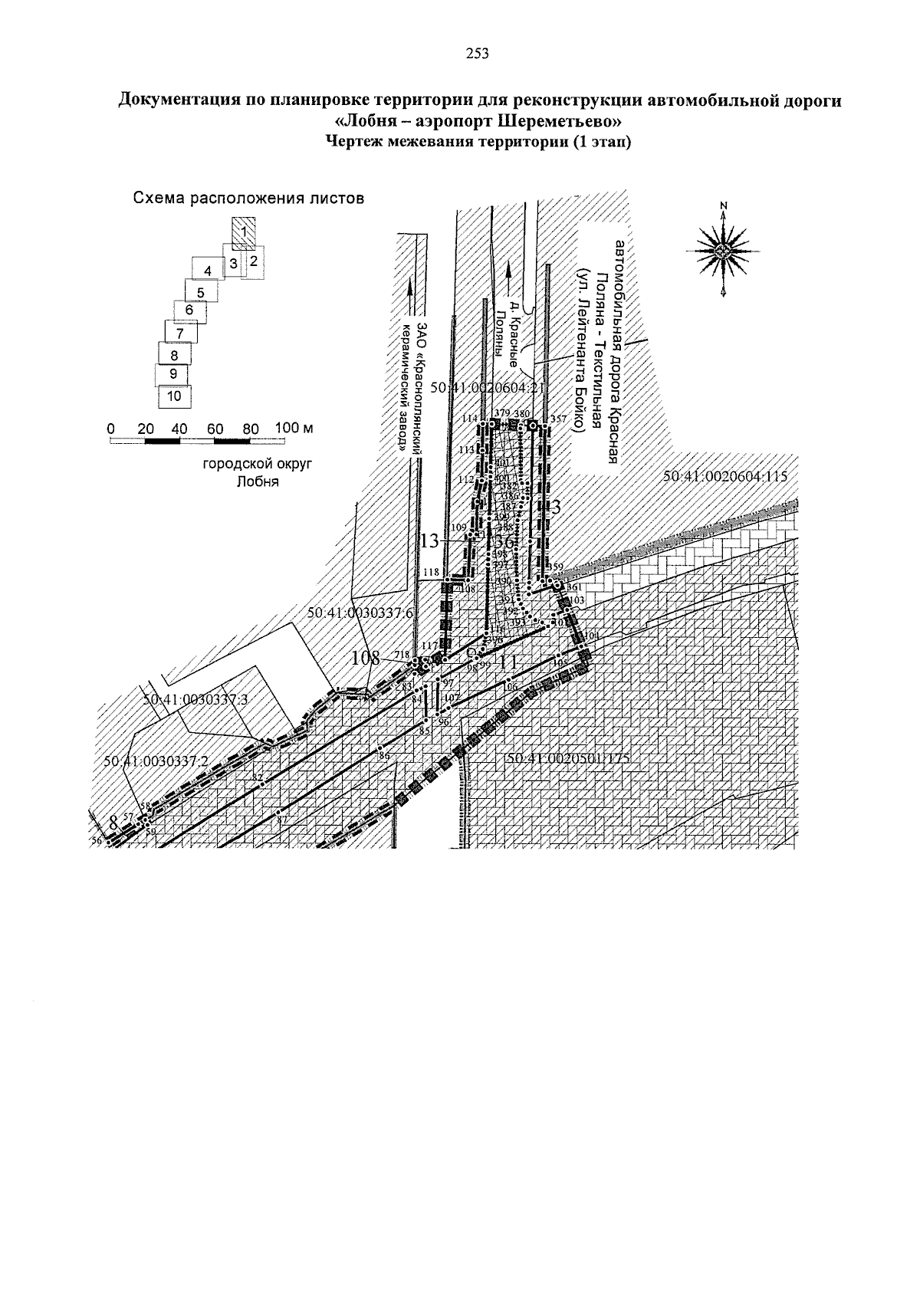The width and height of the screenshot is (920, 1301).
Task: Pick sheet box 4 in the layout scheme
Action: pyautogui.click(x=207, y=270)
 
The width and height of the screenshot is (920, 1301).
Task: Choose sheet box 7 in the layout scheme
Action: pyautogui.click(x=179, y=333)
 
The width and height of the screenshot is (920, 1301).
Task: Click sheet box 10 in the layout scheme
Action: pyautogui.click(x=174, y=396)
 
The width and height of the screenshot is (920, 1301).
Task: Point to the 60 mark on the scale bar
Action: pyautogui.click(x=215, y=429)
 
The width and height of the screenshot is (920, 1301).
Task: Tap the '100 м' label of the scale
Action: pyautogui.click(x=294, y=428)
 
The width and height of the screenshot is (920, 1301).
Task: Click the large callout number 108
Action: pyautogui.click(x=366, y=658)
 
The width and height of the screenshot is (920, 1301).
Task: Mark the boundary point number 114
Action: pyautogui.click(x=468, y=419)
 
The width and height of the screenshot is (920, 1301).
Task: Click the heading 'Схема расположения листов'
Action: pyautogui.click(x=248, y=198)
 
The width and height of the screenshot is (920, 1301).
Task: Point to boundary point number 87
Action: pyautogui.click(x=281, y=820)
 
